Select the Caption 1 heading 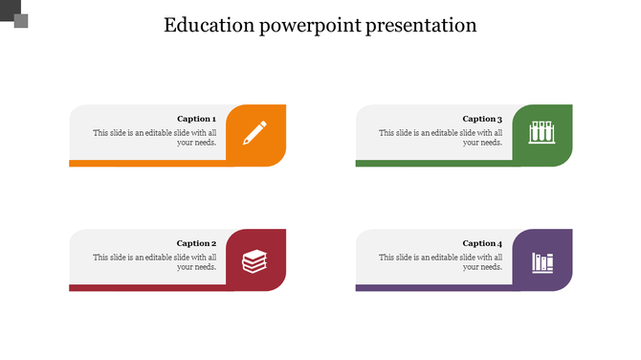tap(197, 119)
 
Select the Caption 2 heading tap(197, 243)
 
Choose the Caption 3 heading tap(482, 119)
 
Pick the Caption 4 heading tap(482, 243)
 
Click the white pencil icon tap(254, 132)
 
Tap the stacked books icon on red tap(254, 259)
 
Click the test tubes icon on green tap(542, 132)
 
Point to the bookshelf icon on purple tap(542, 260)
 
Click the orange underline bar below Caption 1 tap(148, 164)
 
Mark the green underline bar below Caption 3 tap(435, 164)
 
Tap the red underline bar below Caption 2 tap(148, 287)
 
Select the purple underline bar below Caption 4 tap(435, 287)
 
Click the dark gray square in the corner tap(9, 9)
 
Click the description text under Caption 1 tap(155, 138)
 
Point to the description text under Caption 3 tap(441, 138)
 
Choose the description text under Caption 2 tap(155, 262)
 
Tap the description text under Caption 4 tap(441, 262)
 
